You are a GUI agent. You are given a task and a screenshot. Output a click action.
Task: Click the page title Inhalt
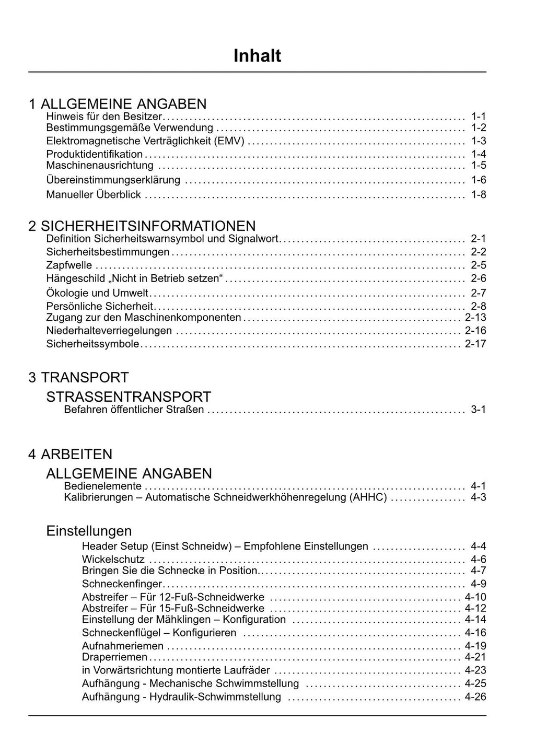(x=257, y=56)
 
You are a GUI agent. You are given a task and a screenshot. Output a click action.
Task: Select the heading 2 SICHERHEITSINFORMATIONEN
(x=142, y=226)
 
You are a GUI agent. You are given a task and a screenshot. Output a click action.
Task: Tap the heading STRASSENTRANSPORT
(x=129, y=397)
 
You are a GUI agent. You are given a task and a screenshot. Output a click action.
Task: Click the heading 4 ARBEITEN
(x=71, y=454)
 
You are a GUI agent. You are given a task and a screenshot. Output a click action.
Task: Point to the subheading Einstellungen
(x=89, y=531)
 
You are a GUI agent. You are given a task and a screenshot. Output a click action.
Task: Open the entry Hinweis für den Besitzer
(x=104, y=116)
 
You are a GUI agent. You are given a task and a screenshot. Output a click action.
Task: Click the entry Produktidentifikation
(x=95, y=154)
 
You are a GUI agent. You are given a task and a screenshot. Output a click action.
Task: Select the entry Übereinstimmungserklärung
(x=113, y=180)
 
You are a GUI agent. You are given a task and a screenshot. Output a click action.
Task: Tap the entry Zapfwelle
(x=69, y=265)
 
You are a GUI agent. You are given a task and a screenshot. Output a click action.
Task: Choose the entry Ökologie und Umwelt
(x=97, y=293)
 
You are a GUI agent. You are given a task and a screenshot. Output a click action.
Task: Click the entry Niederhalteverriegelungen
(x=109, y=331)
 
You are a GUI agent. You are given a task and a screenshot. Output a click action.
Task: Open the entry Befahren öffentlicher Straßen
(x=134, y=410)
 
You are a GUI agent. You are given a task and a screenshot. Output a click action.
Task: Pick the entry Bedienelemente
(x=102, y=486)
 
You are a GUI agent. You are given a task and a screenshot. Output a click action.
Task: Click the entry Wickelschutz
(x=113, y=560)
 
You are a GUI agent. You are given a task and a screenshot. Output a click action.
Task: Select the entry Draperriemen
(x=114, y=657)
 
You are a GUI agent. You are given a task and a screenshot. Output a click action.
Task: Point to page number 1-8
(x=478, y=195)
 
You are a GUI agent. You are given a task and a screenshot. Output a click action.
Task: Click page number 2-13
(x=475, y=318)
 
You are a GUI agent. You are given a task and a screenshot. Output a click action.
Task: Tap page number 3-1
(x=478, y=410)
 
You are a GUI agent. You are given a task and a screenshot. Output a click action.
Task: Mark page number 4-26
(x=475, y=697)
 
